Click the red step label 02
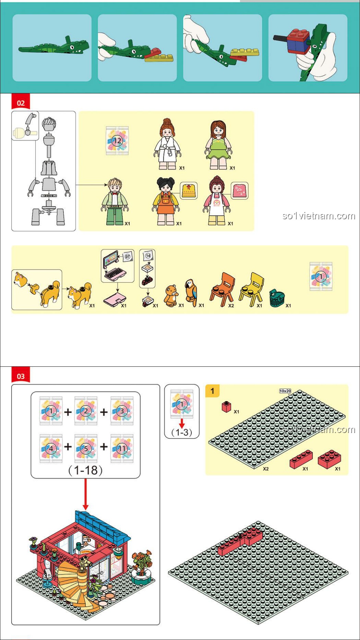(21, 103)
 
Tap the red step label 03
(21, 376)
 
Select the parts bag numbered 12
(117, 141)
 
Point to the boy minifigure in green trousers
(115, 201)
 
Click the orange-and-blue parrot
(191, 293)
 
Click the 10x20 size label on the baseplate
(285, 391)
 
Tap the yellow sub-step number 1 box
(212, 391)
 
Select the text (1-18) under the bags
(85, 470)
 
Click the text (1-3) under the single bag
(182, 432)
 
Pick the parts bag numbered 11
(122, 448)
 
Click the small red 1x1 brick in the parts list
(227, 407)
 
